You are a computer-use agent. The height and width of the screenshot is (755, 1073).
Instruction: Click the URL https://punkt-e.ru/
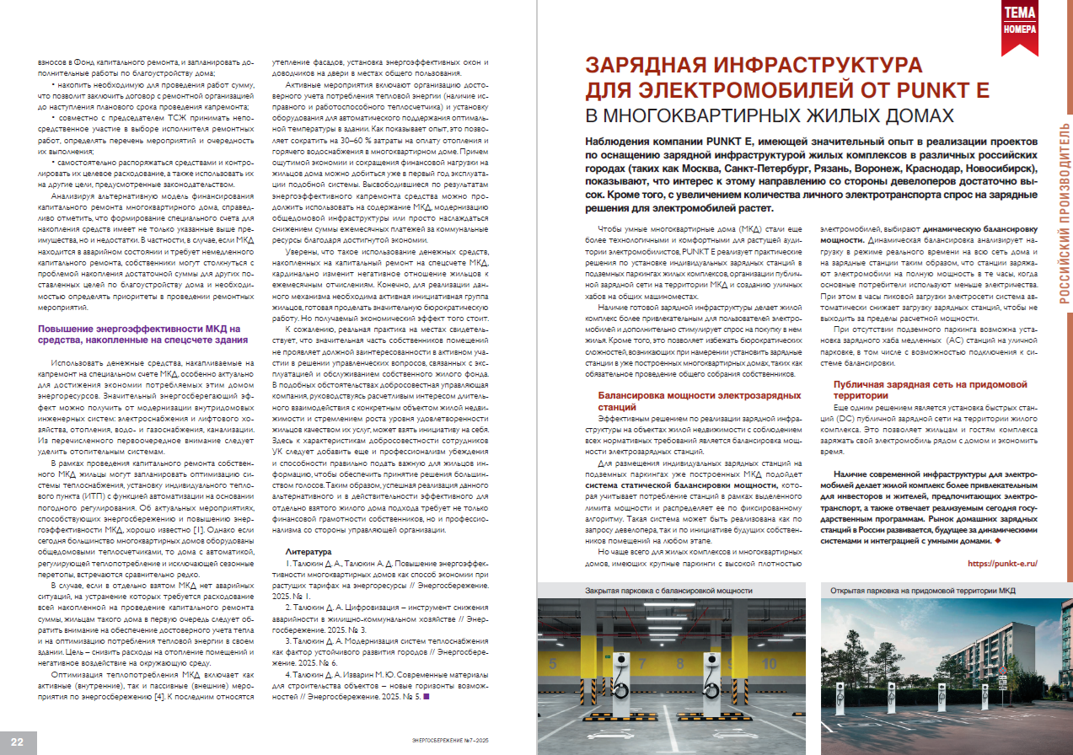coord(1001,562)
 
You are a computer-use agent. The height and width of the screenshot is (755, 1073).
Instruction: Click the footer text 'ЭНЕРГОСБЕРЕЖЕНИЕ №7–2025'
coord(454,740)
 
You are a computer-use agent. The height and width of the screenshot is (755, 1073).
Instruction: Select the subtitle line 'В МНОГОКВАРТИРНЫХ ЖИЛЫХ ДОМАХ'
coord(770,115)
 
